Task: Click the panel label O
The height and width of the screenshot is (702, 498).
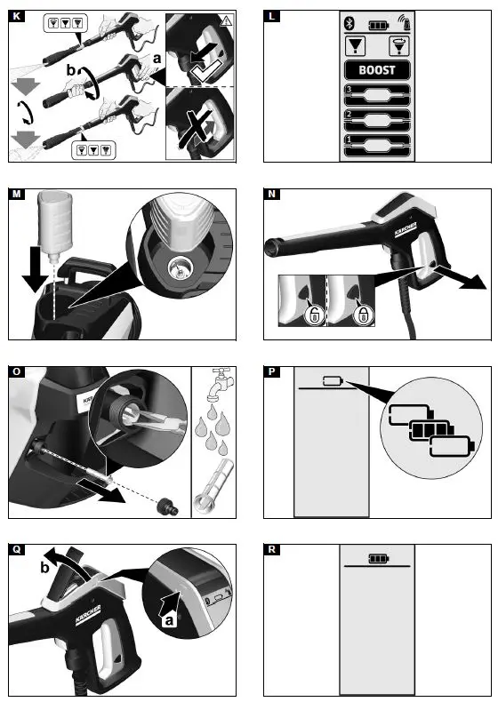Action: tap(15, 371)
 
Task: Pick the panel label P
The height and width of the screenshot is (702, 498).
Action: tap(271, 371)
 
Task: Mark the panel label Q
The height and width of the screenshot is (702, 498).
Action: tap(15, 550)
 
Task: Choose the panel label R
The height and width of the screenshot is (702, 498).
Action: tap(271, 550)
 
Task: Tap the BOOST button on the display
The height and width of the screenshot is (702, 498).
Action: tap(377, 70)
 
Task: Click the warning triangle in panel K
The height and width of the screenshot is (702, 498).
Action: tap(228, 20)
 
